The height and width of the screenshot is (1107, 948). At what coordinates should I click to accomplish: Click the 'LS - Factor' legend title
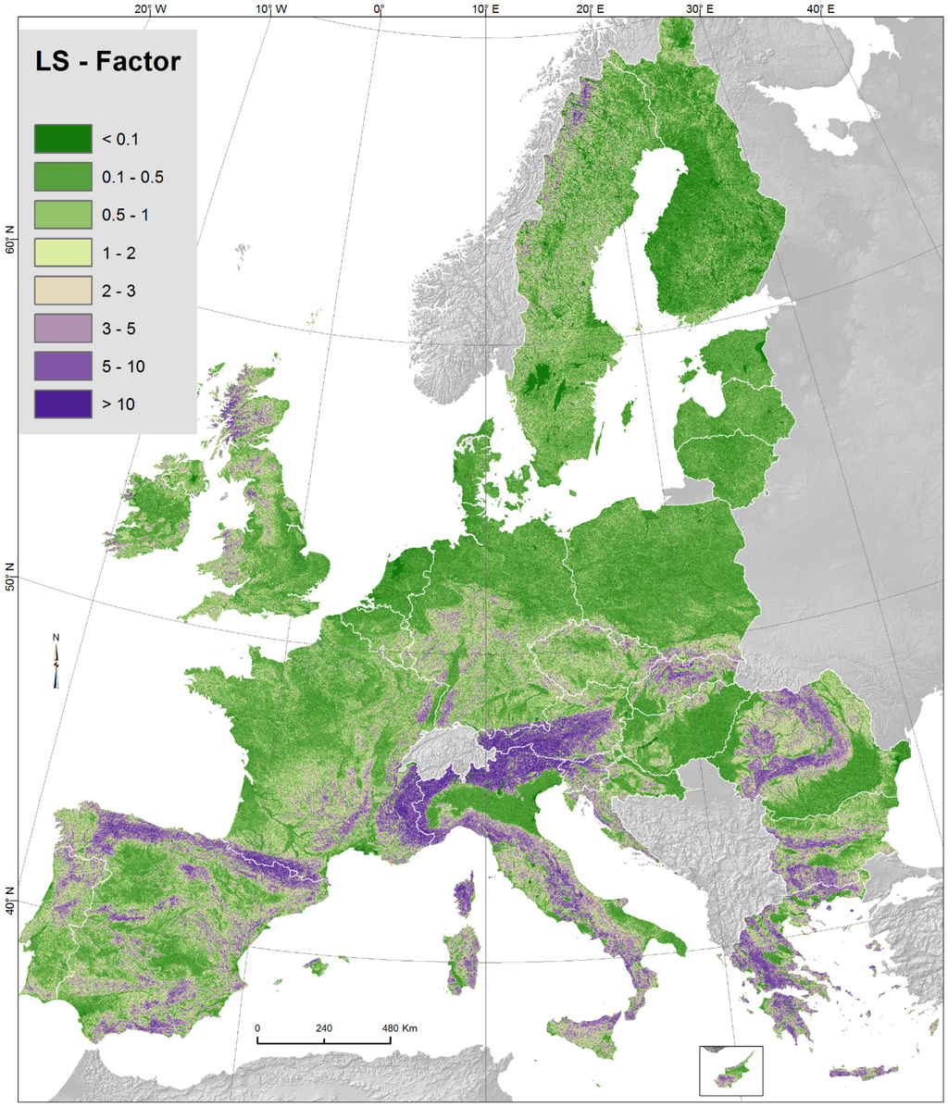tap(107, 64)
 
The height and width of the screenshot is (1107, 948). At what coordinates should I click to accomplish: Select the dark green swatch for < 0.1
tap(63, 139)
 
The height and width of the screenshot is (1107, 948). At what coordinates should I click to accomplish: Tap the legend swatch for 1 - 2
tap(63, 253)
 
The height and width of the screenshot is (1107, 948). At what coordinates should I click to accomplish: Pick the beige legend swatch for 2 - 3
tap(63, 291)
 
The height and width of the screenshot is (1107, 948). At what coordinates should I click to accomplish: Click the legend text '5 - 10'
tap(123, 367)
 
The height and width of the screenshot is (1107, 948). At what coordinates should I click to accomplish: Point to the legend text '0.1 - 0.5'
tap(132, 177)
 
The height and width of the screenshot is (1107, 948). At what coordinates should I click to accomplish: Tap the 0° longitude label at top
tap(379, 9)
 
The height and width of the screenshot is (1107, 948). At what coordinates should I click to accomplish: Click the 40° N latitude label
tap(10, 897)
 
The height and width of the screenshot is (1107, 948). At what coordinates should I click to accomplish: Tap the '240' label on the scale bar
tap(324, 1028)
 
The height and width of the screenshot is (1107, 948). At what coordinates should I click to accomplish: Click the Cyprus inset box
tap(730, 1069)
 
